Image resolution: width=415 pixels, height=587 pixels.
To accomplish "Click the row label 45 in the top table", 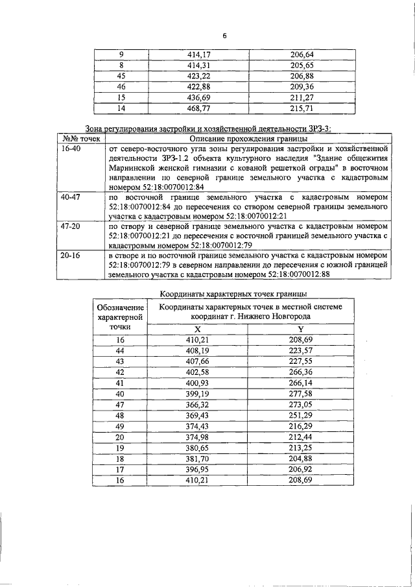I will [121, 76].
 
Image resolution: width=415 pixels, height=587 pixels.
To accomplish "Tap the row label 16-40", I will [69, 149].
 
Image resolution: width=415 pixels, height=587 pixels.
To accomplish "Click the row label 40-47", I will [69, 196].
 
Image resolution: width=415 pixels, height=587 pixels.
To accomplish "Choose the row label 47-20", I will [69, 227].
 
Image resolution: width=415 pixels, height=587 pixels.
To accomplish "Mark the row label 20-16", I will [69, 258].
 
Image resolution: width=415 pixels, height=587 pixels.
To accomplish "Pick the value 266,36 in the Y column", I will [300, 372].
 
